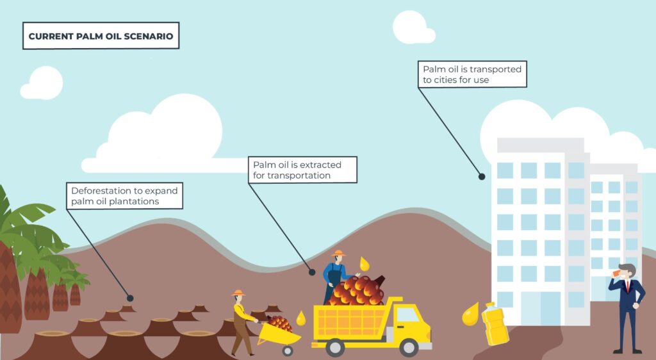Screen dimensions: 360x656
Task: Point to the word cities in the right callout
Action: point(449,80)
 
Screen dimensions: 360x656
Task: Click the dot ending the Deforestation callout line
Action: point(130,298)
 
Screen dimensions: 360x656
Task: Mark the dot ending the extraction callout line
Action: point(312,272)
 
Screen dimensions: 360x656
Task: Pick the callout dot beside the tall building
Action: point(482,176)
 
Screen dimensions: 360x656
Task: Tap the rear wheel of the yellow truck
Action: point(334,347)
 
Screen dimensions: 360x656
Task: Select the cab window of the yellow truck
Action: point(407,315)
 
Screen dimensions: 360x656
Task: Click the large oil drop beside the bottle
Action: point(471,314)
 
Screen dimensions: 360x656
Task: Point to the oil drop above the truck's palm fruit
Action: point(365,263)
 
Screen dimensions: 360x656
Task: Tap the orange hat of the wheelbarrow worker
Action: point(239,293)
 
